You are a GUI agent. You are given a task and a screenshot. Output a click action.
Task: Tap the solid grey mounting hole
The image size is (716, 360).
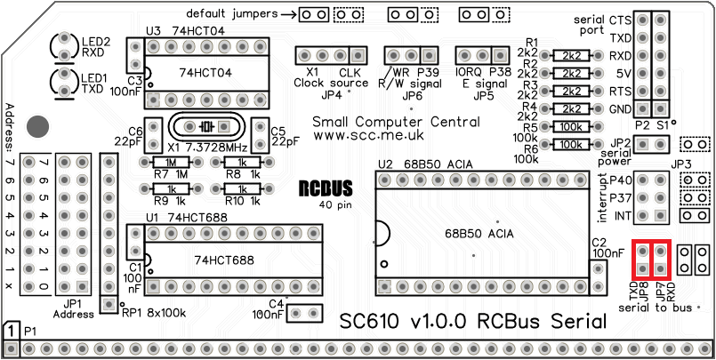click(38, 126)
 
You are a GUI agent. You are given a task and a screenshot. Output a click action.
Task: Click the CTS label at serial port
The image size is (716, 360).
click(620, 20)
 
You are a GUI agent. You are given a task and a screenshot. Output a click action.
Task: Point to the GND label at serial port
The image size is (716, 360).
click(620, 109)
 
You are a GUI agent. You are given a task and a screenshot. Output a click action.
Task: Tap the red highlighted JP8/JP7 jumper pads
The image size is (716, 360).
click(650, 259)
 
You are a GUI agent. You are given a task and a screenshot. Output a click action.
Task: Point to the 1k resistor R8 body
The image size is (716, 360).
click(236, 163)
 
